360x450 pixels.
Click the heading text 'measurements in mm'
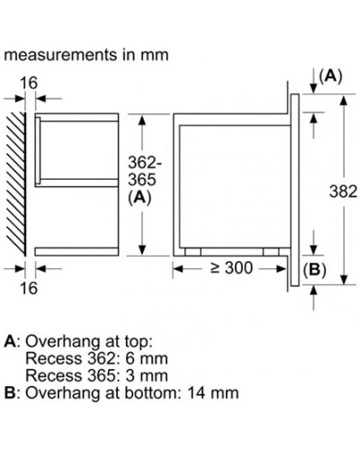click(x=86, y=55)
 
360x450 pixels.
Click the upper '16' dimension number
click(x=29, y=83)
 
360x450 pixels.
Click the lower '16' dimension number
click(x=29, y=288)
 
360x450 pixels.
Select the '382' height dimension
click(x=343, y=192)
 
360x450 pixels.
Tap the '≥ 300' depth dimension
click(x=231, y=268)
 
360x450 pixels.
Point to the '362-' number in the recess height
click(x=145, y=163)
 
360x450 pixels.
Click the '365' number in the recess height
click(x=142, y=180)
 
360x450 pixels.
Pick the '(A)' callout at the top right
click(x=330, y=76)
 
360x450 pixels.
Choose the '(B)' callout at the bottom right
click(x=314, y=270)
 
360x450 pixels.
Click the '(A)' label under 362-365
click(x=139, y=198)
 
